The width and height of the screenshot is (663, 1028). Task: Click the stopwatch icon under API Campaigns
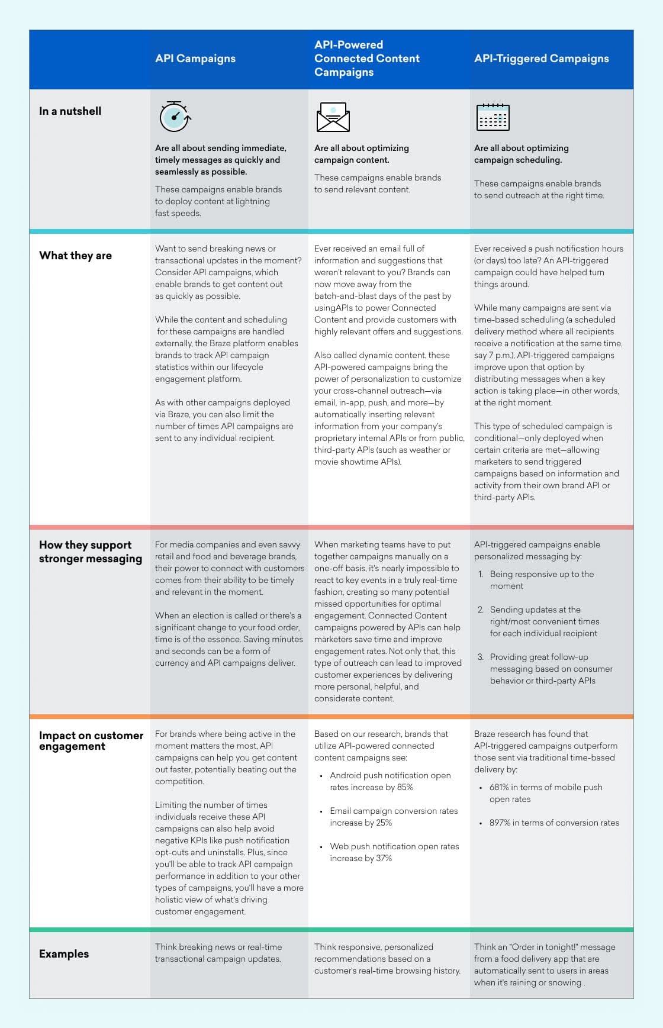pyautogui.click(x=175, y=117)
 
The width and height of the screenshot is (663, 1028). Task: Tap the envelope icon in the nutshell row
pyautogui.click(x=333, y=117)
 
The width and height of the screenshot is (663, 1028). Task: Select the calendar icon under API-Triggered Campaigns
pyautogui.click(x=493, y=117)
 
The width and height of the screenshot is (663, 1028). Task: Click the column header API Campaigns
pyautogui.click(x=195, y=59)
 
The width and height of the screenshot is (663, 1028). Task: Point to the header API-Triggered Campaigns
pyautogui.click(x=541, y=59)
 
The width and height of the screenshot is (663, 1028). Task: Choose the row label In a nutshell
pyautogui.click(x=70, y=111)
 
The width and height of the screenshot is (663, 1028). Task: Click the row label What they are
pyautogui.click(x=75, y=256)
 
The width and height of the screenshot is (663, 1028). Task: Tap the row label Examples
pyautogui.click(x=64, y=954)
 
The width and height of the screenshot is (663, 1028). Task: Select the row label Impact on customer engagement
pyautogui.click(x=91, y=740)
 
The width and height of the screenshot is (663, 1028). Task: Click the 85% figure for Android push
pyautogui.click(x=405, y=788)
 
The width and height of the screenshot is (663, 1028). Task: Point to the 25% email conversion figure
pyautogui.click(x=384, y=823)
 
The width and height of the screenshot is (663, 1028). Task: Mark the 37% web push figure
pyautogui.click(x=384, y=859)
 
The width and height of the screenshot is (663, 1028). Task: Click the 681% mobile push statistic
pyautogui.click(x=499, y=788)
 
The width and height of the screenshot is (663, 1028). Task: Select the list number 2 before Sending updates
pyautogui.click(x=480, y=610)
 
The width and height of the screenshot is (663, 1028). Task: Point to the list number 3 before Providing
pyautogui.click(x=480, y=657)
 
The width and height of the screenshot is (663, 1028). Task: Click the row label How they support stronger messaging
pyautogui.click(x=91, y=552)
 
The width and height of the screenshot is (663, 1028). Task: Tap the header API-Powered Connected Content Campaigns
pyautogui.click(x=366, y=59)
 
